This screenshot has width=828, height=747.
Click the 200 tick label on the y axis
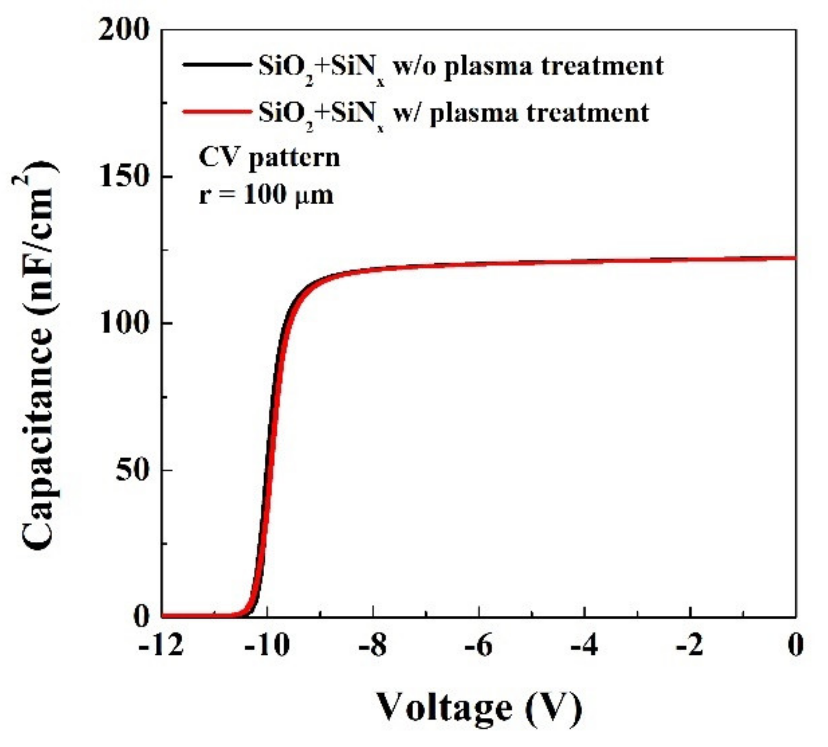(124, 31)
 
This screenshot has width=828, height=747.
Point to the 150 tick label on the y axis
(124, 177)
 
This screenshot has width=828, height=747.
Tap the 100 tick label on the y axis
(124, 323)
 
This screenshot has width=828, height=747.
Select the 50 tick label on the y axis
(132, 470)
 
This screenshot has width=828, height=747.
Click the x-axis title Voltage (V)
(479, 709)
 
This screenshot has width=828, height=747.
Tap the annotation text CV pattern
(269, 158)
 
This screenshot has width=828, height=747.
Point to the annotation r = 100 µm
(266, 195)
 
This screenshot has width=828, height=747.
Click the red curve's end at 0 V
(794, 258)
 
